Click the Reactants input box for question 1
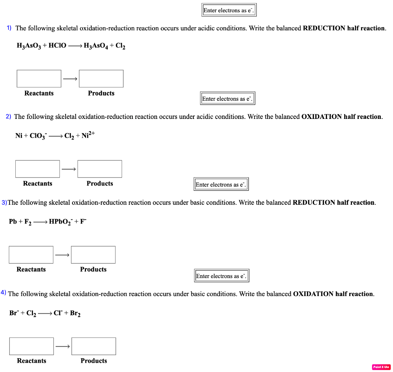(x=39, y=79)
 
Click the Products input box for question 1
(x=101, y=79)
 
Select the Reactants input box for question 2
(x=38, y=169)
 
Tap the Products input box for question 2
(x=100, y=169)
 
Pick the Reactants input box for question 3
(x=31, y=255)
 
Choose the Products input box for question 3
(x=93, y=255)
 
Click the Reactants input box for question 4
(x=31, y=346)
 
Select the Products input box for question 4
(x=94, y=346)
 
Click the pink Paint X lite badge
(x=381, y=367)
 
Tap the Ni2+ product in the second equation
(x=88, y=135)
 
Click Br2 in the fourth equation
(x=75, y=313)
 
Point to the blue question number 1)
(x=9, y=28)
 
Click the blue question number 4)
(x=3, y=293)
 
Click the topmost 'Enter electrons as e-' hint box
(x=229, y=10)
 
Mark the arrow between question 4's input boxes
(x=63, y=346)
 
